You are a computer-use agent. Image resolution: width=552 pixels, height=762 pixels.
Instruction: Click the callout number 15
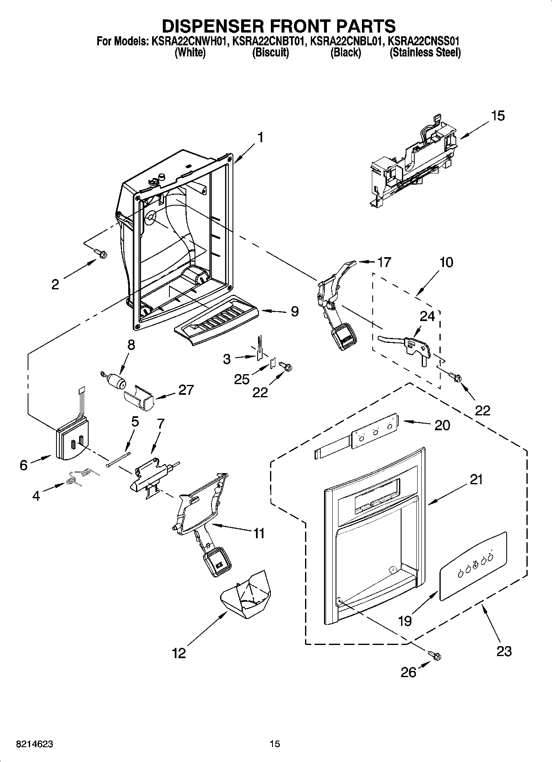(498, 116)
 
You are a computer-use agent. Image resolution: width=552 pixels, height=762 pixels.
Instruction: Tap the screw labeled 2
(99, 253)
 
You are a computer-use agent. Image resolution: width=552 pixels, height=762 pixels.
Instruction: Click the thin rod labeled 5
(118, 459)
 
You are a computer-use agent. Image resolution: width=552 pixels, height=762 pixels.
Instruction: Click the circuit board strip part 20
(373, 433)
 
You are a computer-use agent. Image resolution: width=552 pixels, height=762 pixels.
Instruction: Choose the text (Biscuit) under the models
(270, 53)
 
